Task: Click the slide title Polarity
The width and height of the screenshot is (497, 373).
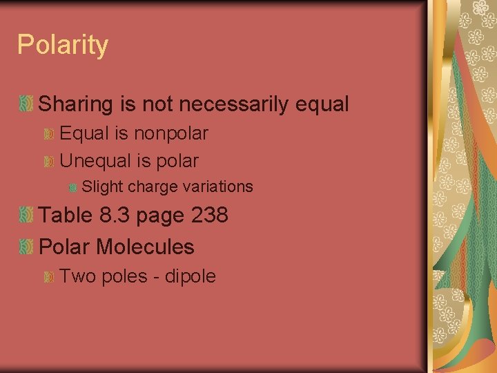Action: click(x=63, y=46)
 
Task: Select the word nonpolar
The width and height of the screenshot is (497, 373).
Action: click(x=172, y=133)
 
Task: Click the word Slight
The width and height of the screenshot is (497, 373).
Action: click(x=102, y=186)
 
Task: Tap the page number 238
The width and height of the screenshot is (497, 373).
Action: click(x=209, y=216)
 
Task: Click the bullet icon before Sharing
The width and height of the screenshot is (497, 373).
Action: click(x=26, y=105)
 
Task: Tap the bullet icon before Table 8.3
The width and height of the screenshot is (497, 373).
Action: click(x=26, y=216)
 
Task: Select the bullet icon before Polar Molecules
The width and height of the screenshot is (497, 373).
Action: click(x=26, y=247)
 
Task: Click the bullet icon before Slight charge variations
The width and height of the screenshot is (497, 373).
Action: click(x=72, y=187)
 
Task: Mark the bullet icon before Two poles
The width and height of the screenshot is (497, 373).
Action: click(x=49, y=277)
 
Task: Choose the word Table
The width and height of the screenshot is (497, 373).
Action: click(x=66, y=216)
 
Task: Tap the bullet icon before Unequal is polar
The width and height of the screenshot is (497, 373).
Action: click(x=49, y=162)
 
